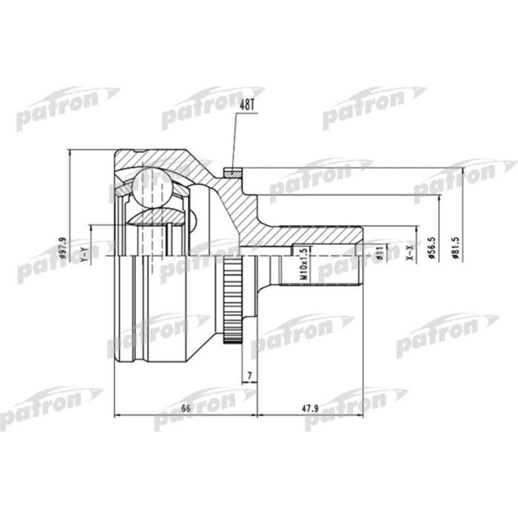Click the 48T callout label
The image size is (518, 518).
246,107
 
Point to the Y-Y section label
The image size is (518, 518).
84,254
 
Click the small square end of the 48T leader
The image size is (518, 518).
233,173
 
